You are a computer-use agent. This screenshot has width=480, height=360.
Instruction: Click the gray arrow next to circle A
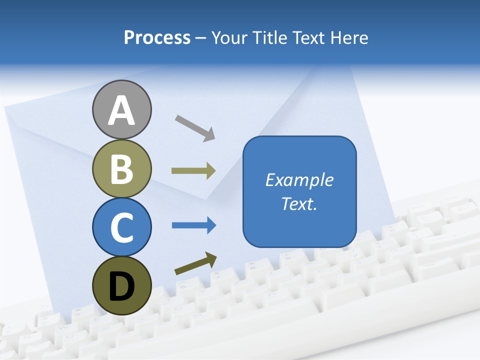pyautogui.click(x=195, y=128)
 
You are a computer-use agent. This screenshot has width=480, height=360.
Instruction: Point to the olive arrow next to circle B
pyautogui.click(x=193, y=171)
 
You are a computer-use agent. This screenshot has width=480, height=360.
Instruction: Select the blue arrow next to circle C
pyautogui.click(x=194, y=225)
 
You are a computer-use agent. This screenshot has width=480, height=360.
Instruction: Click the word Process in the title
pyautogui.click(x=157, y=38)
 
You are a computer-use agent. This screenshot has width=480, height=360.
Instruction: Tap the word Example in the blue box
pyautogui.click(x=299, y=180)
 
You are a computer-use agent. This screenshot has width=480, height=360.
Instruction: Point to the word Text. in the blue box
pyautogui.click(x=299, y=203)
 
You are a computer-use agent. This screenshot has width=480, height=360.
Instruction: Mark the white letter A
pyautogui.click(x=121, y=110)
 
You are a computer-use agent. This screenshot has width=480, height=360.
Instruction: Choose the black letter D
pyautogui.click(x=121, y=287)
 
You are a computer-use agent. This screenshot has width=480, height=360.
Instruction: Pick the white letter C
pyautogui.click(x=121, y=227)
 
